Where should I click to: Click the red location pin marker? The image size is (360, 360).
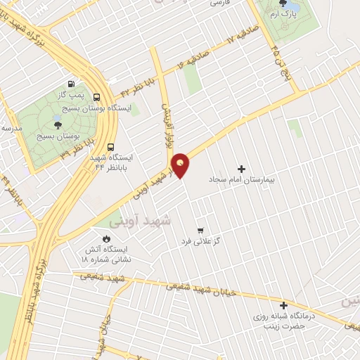pyautogui.click(x=181, y=165)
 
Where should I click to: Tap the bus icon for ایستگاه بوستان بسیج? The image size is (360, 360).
pyautogui.click(x=96, y=98)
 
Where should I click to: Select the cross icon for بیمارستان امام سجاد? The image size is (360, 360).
pyautogui.click(x=242, y=169)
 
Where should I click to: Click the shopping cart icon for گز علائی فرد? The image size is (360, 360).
pyautogui.click(x=200, y=230)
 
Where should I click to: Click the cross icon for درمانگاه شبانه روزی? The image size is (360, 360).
pyautogui.click(x=283, y=306)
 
